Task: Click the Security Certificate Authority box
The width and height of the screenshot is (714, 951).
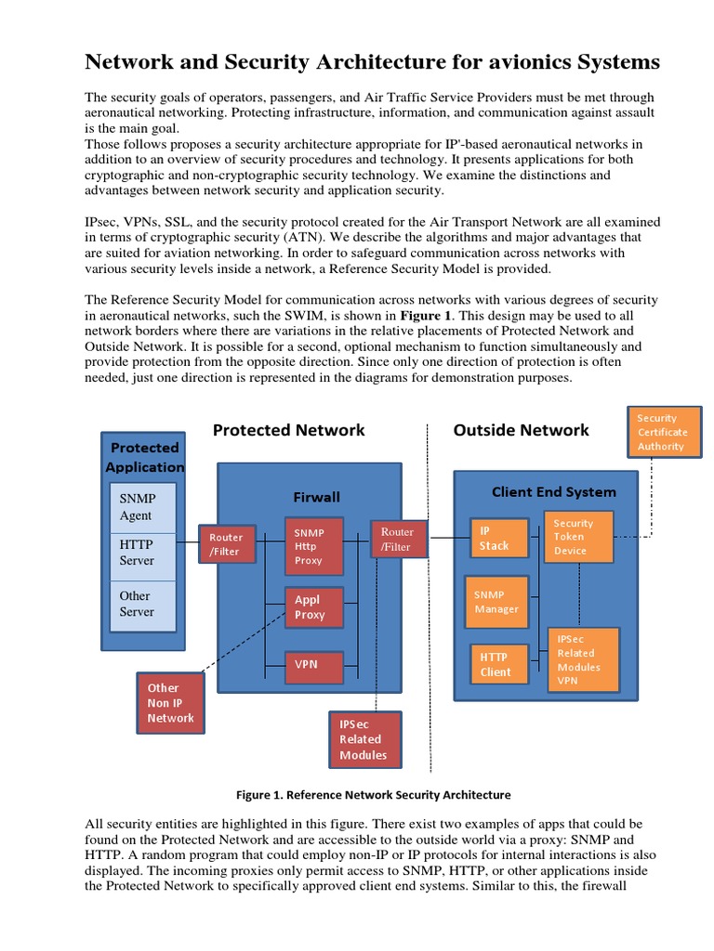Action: [665, 432]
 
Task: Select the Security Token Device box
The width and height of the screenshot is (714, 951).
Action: [577, 537]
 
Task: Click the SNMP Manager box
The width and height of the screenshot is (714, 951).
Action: [496, 601]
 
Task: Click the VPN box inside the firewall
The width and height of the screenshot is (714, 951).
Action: [314, 665]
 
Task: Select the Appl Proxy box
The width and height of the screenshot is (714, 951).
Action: [314, 607]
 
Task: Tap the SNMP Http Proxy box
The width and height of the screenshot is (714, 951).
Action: [314, 547]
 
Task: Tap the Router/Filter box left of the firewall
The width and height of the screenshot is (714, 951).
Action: [225, 544]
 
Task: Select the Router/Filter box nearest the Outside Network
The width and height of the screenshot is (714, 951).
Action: [398, 540]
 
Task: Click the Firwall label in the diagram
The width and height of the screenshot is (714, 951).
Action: [316, 497]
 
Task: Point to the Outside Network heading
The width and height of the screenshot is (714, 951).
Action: [521, 430]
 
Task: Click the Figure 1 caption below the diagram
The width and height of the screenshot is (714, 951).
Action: [374, 795]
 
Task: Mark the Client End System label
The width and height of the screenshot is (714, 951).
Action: [553, 491]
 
